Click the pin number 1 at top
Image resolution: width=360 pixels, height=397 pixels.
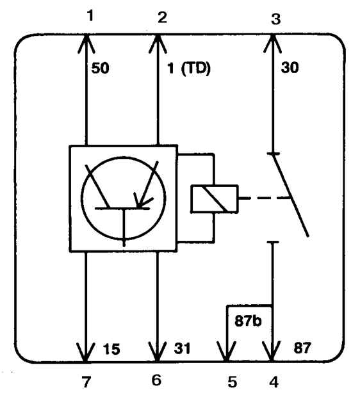point(90,15)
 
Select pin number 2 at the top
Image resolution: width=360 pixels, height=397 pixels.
point(162,18)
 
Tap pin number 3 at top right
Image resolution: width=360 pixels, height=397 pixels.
point(275,19)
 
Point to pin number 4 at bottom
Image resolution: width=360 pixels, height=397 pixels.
point(274,382)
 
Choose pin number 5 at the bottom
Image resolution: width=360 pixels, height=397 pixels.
point(232,382)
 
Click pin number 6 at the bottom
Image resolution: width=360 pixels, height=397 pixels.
point(156,380)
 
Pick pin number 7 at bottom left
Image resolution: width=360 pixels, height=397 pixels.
point(86,382)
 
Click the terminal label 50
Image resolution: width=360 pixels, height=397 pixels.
point(101,68)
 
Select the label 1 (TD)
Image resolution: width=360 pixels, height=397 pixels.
point(189,69)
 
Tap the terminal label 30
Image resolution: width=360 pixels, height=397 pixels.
point(290,68)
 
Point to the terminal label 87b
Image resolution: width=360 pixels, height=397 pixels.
point(248,321)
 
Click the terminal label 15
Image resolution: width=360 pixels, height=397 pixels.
point(111,349)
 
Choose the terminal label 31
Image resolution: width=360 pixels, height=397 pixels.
point(182,348)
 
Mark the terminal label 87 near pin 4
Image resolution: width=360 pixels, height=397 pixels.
point(302,348)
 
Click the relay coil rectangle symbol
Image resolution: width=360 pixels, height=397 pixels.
point(215,199)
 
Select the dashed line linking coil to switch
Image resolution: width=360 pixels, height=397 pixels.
point(264,198)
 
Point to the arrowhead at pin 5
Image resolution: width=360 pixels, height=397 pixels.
point(227,352)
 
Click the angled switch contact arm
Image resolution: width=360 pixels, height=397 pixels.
point(290,195)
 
